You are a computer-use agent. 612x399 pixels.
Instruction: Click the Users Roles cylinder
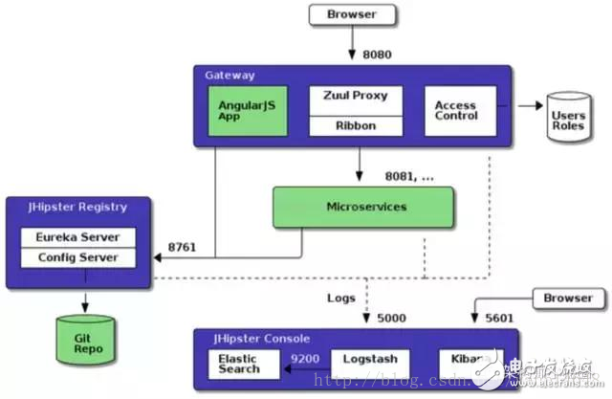pos(568,118)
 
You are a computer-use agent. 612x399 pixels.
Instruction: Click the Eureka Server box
pos(77,237)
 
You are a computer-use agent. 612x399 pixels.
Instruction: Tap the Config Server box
pos(77,257)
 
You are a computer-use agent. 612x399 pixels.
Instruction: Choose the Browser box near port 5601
pos(568,298)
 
